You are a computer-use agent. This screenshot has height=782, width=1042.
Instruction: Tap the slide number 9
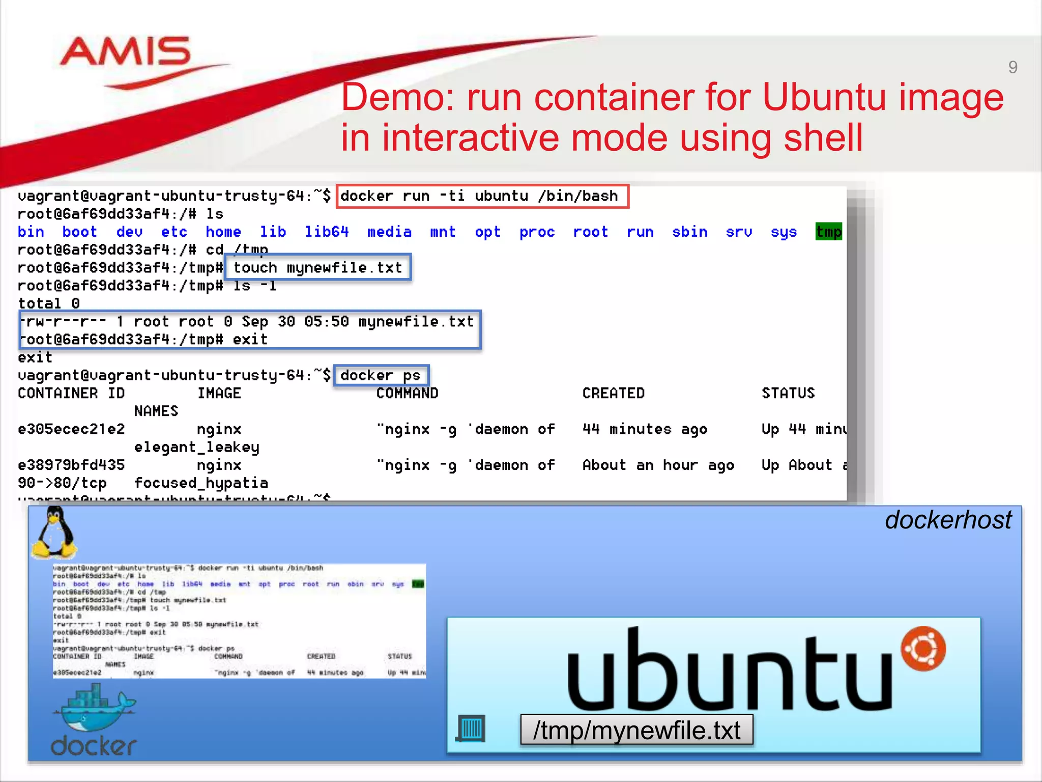[1012, 67]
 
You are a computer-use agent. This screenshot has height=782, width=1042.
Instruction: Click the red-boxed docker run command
[482, 197]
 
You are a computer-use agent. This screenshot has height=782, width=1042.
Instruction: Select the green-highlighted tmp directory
[828, 232]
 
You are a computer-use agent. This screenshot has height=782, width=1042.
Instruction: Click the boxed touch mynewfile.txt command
[318, 268]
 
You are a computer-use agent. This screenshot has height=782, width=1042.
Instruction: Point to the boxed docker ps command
[381, 376]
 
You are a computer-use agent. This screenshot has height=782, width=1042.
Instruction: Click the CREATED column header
[613, 394]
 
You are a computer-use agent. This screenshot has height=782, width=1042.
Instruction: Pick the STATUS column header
[788, 394]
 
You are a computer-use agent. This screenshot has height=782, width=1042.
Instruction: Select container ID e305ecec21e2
[71, 429]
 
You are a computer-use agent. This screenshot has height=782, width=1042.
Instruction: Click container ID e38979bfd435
[71, 465]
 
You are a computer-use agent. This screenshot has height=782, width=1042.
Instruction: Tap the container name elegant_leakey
[196, 448]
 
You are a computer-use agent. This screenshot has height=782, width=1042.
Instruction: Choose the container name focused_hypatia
[201, 483]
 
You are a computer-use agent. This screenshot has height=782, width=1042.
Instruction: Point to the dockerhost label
[948, 520]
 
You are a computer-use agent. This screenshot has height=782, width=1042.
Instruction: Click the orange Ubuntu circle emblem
[923, 649]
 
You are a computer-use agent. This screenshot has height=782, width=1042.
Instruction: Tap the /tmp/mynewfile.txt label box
[636, 730]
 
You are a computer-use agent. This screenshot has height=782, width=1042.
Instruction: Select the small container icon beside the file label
[471, 729]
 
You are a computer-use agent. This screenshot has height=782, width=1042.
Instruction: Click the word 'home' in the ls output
[223, 232]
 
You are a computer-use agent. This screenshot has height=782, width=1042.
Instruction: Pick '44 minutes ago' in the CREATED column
[645, 429]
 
